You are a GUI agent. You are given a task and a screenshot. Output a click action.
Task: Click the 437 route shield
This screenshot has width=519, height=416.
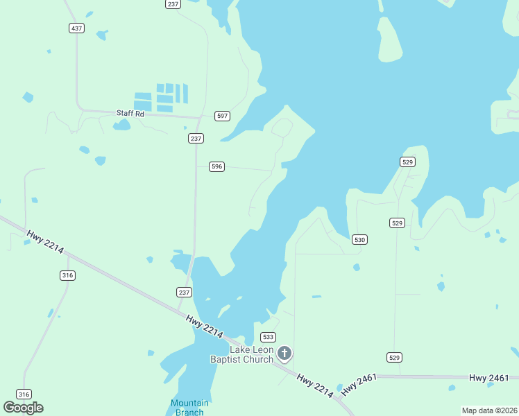point(76,28)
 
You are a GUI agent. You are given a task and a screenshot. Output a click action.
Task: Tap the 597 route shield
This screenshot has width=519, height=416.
point(222,116)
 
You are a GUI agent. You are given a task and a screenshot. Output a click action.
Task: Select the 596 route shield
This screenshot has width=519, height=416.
point(217,166)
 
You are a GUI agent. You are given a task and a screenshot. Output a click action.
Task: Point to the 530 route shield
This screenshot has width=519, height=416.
point(359,239)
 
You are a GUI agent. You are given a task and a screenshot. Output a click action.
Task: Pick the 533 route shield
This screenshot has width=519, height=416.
point(268,337)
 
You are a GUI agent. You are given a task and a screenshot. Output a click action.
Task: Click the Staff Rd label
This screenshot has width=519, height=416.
point(130,113)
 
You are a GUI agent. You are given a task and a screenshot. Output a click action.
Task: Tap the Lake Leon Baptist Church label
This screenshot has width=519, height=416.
point(242,354)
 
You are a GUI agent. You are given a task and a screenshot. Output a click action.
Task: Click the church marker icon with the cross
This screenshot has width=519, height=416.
point(284,354)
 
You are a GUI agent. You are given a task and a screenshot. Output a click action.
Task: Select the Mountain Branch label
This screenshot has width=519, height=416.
point(189,408)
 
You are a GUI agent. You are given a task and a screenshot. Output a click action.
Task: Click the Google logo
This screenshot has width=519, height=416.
point(23,408)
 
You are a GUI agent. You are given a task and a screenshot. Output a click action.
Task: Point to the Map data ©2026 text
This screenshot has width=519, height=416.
point(489,410)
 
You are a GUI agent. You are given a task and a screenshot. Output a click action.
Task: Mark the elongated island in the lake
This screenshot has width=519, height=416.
point(389,40)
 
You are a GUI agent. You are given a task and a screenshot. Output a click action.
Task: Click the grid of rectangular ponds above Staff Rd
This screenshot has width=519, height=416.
point(161,97)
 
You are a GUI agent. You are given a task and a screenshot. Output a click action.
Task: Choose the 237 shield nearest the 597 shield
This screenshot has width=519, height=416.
point(196,139)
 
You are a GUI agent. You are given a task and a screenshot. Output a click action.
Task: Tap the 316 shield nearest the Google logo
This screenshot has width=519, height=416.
point(24,395)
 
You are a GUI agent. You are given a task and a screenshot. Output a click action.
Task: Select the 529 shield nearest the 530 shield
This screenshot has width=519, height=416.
point(397,223)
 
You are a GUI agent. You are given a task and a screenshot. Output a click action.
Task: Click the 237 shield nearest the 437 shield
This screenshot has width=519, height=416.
point(173,4)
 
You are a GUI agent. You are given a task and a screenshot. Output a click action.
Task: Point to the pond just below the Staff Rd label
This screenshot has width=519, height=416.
point(122,125)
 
